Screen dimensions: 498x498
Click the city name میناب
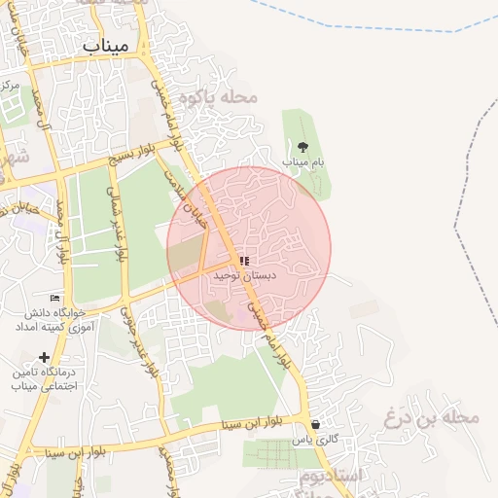[106, 46]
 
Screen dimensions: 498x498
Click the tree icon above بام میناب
[302, 147]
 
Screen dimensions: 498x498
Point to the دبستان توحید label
[244, 276]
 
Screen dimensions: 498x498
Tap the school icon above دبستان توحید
[243, 262]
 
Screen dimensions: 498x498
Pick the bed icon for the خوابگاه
[54, 298]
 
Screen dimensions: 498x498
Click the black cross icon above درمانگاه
[44, 357]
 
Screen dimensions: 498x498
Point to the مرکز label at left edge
[10, 86]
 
